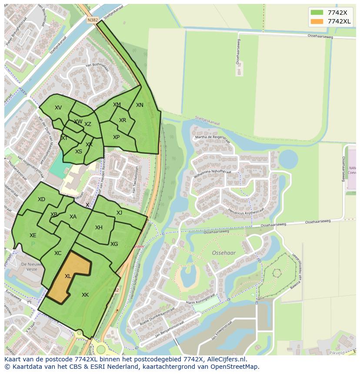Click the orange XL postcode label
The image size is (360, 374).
pos(68,276)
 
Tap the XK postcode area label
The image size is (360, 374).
pos(85,295)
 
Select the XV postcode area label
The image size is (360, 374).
pos(58,108)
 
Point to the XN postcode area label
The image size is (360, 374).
pos(140,105)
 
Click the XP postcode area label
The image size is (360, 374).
pos(117,137)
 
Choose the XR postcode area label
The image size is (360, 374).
pos(123,120)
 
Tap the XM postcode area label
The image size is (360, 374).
pos(117,105)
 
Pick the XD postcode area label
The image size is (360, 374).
pos(41,199)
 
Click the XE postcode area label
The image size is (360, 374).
pos(33,235)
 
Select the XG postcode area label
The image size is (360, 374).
pos(114,244)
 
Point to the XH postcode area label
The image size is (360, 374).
pos(99,228)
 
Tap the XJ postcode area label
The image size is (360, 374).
pos(119,212)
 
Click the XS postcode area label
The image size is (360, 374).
pos(79,152)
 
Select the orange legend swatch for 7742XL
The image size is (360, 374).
pos(317,21)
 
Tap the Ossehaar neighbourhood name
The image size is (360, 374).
pos(223,252)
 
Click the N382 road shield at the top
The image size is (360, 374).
pos(92,20)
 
